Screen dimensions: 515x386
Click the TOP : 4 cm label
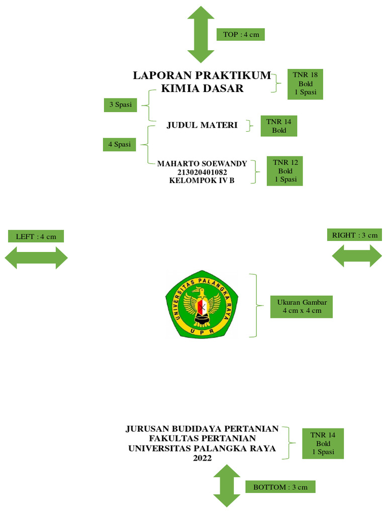[240, 34]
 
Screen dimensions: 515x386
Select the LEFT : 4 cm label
[36, 236]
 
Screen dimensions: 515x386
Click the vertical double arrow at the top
[201, 35]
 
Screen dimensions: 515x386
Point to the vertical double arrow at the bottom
[227, 486]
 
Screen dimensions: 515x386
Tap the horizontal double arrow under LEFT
[36, 258]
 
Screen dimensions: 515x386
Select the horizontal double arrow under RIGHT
[357, 255]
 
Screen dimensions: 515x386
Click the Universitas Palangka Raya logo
[202, 304]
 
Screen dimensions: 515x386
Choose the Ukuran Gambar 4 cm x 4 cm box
[302, 306]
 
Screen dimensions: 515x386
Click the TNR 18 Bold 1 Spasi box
[305, 83]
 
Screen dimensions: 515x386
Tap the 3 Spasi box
[120, 105]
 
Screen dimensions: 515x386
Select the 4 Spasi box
[119, 144]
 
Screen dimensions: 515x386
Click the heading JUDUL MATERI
[202, 125]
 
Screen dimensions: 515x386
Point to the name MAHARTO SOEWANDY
[202, 163]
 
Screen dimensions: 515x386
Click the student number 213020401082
[202, 172]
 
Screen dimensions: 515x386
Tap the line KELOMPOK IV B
[202, 181]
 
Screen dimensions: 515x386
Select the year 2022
[202, 459]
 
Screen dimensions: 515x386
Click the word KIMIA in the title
[180, 89]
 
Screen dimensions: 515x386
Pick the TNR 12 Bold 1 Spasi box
[285, 171]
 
